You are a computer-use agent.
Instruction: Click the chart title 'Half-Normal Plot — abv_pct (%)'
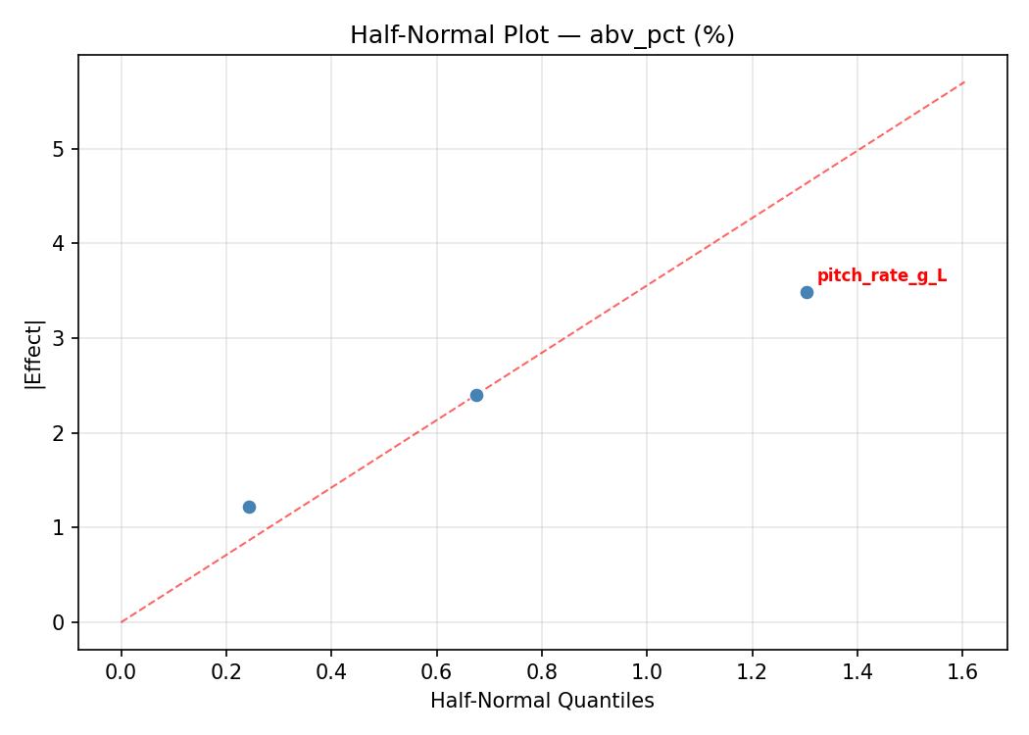[542, 35]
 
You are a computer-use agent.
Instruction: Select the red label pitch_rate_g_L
[882, 276]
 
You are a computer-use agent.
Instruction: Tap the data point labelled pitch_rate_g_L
[807, 292]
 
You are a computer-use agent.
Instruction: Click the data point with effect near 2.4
[476, 395]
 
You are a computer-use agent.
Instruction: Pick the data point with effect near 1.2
[249, 507]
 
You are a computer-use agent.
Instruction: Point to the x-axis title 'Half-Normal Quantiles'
[542, 701]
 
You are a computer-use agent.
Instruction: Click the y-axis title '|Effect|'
[35, 353]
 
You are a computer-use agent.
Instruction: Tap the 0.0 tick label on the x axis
[122, 673]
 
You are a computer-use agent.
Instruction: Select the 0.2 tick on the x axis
[226, 673]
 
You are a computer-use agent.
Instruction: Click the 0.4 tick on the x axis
[331, 673]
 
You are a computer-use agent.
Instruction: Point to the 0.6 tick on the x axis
[437, 673]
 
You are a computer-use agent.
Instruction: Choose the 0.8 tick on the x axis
[542, 673]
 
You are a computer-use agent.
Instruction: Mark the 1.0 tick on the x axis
[647, 673]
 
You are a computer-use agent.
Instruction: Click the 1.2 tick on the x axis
[753, 673]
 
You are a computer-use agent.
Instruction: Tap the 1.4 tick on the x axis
[857, 673]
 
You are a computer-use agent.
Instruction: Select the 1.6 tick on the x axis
[962, 673]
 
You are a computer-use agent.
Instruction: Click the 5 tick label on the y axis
[59, 149]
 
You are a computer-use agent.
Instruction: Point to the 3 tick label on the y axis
[59, 338]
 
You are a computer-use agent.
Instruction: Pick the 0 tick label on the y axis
[59, 622]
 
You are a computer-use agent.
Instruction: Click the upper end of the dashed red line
[964, 81]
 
